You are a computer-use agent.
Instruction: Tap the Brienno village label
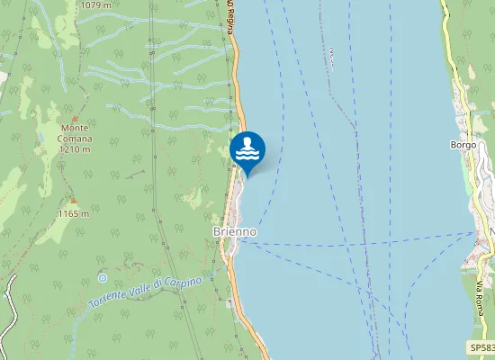tap(235, 231)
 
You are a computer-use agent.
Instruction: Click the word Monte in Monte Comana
tap(76, 130)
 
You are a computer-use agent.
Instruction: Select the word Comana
tap(76, 139)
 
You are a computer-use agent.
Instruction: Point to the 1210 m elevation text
tap(76, 149)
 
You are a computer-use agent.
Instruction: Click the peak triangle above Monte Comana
tap(76, 119)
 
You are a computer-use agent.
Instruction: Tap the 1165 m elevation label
tap(73, 214)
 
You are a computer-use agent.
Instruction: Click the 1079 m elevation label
tap(95, 4)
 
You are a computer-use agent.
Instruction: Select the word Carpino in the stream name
tap(182, 279)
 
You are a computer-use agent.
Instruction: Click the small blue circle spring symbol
tap(102, 278)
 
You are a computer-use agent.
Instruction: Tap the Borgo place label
tap(463, 144)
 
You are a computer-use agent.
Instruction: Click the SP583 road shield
tap(481, 347)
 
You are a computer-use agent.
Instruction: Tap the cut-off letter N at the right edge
tap(491, 232)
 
